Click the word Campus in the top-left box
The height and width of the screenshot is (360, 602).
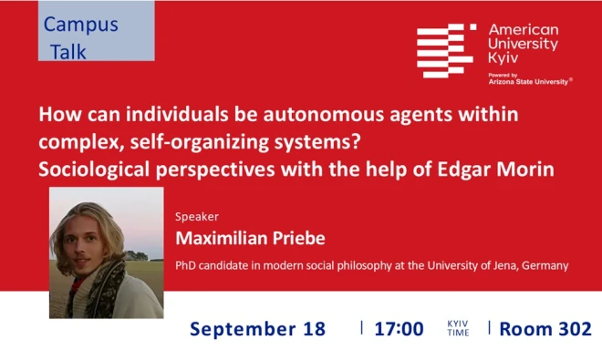tap(81, 24)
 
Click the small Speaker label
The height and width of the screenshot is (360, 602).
tap(193, 217)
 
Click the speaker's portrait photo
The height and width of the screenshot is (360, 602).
tap(106, 252)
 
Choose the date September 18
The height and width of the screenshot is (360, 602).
tap(257, 329)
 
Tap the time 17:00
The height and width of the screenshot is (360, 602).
tap(399, 329)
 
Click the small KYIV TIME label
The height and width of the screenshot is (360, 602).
tap(458, 329)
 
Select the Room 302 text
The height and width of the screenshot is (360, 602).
tap(545, 329)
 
